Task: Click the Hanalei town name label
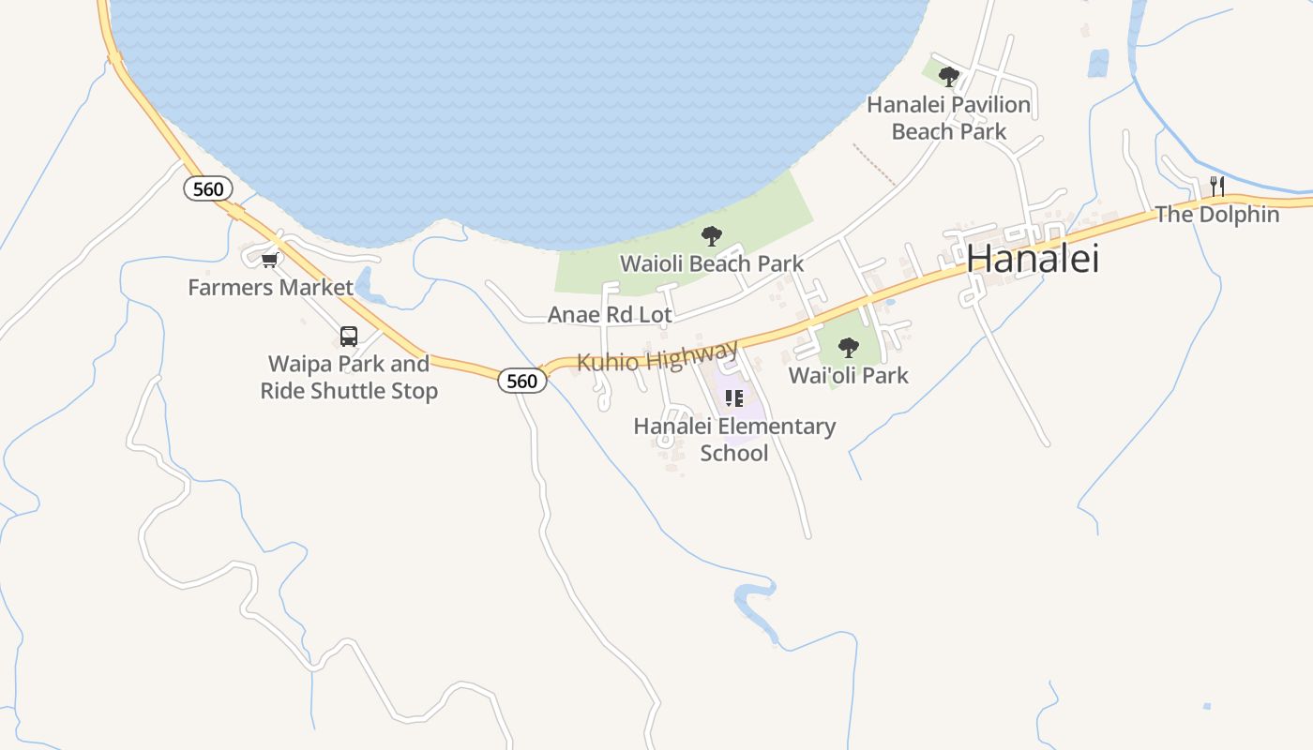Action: (1033, 259)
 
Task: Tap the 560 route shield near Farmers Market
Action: (207, 188)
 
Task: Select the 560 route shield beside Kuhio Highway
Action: (521, 380)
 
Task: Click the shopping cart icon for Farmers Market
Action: (270, 260)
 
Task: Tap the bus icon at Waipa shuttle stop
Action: (349, 336)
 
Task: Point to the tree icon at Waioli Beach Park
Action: (712, 236)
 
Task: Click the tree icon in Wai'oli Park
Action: (849, 348)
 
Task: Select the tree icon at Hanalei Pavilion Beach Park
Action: (949, 76)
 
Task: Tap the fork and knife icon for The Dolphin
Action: (1217, 186)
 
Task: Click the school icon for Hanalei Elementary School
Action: (734, 398)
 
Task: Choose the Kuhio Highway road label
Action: (657, 357)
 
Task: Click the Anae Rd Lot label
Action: (610, 314)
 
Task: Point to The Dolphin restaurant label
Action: (1217, 215)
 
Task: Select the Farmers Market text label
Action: (270, 287)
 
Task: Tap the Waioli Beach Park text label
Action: (712, 263)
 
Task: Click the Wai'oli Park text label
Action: (849, 375)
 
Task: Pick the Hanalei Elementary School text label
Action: (734, 440)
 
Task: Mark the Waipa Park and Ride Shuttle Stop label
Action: (349, 377)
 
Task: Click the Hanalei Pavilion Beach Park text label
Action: (949, 118)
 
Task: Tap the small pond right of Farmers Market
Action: (365, 285)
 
